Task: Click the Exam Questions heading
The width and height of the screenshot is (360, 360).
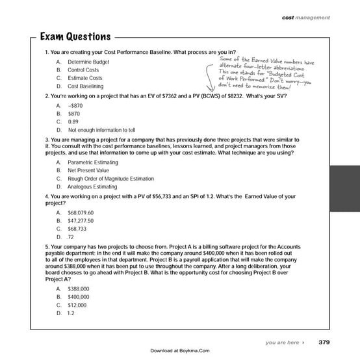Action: tap(75, 36)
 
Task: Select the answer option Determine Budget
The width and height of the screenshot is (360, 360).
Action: tap(88, 60)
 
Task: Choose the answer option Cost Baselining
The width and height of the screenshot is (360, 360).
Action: tap(85, 86)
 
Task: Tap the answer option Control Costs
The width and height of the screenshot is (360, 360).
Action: tap(84, 69)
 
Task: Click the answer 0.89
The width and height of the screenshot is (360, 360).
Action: tap(73, 121)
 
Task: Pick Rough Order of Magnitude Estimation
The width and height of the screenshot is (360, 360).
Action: tap(110, 178)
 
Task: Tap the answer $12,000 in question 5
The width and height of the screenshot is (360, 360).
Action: tap(77, 304)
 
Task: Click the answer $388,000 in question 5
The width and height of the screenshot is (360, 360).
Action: tap(78, 288)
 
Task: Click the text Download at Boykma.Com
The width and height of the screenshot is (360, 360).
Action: tap(179, 351)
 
